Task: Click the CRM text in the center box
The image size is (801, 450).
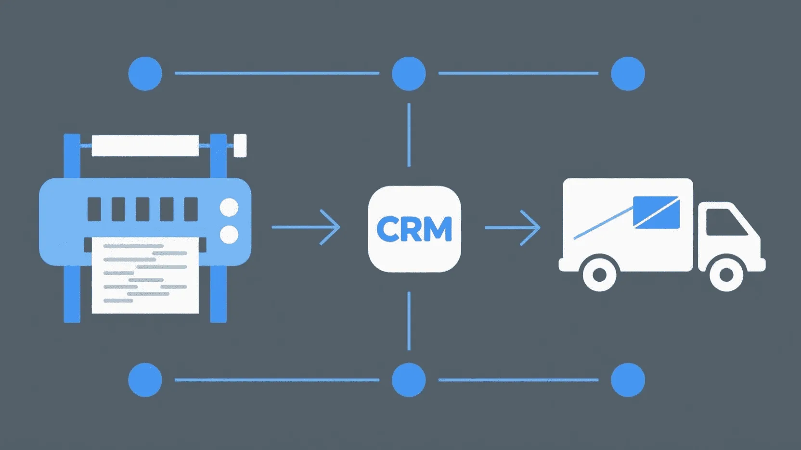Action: pyautogui.click(x=414, y=229)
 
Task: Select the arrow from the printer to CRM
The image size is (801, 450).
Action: pyautogui.click(x=306, y=227)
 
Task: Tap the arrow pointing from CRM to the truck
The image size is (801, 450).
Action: pyautogui.click(x=512, y=227)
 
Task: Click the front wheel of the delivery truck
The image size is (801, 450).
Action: pyautogui.click(x=726, y=275)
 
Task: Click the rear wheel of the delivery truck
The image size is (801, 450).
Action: pyautogui.click(x=599, y=275)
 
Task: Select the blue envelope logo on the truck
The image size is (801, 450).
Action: pyautogui.click(x=656, y=212)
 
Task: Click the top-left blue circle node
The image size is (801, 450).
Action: pyautogui.click(x=145, y=74)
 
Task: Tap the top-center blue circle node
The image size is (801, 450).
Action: pyautogui.click(x=409, y=74)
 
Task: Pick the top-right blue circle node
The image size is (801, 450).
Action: pyautogui.click(x=628, y=74)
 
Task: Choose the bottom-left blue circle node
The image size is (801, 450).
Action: pyautogui.click(x=145, y=380)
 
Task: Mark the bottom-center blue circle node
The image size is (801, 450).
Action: pyautogui.click(x=409, y=380)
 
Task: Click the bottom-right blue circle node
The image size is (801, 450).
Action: pyautogui.click(x=628, y=380)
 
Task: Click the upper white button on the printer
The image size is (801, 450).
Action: pyautogui.click(x=229, y=208)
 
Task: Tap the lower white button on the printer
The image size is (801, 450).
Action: pyautogui.click(x=229, y=235)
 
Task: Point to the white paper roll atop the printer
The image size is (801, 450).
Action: pyautogui.click(x=145, y=145)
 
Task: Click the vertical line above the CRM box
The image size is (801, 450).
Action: pyautogui.click(x=409, y=135)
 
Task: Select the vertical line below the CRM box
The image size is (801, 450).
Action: pyautogui.click(x=409, y=321)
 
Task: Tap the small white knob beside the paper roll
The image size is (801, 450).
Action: pyautogui.click(x=240, y=145)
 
